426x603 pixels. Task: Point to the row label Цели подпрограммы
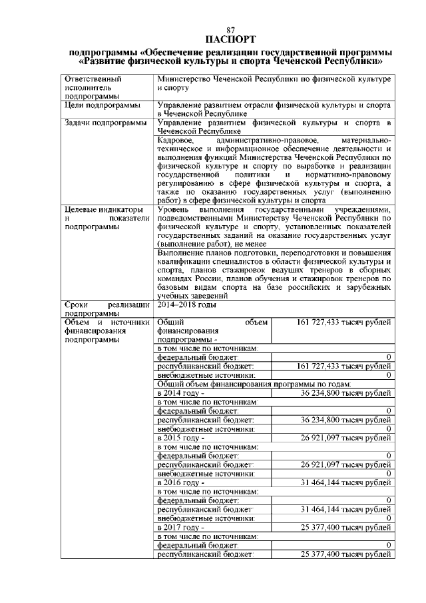102,105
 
